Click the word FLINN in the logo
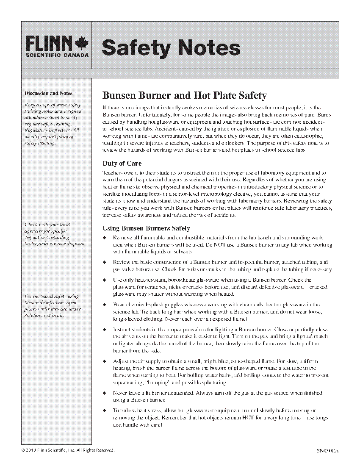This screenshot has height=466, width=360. tap(49, 43)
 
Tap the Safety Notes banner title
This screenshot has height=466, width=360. tap(171, 48)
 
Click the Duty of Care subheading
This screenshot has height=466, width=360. tap(122, 164)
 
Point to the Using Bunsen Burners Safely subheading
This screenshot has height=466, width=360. tap(147, 228)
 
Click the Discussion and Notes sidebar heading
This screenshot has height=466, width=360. tap(48, 93)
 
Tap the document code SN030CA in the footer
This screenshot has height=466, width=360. tap(327, 450)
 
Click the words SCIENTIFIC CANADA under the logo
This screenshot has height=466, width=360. tap(57, 55)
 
